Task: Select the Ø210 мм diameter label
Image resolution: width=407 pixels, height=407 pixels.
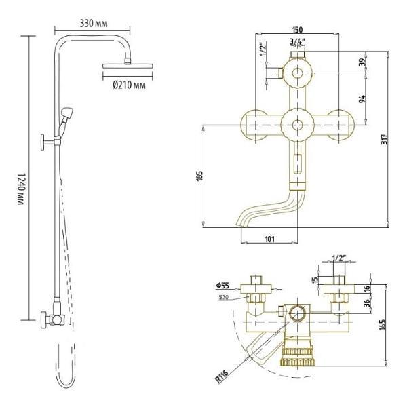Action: pos(127,85)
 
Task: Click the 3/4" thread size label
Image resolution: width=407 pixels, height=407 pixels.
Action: pos(296,41)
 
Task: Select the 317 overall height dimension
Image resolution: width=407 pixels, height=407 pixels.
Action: pos(385,140)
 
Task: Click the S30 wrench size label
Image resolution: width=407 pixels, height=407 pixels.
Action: pos(223,296)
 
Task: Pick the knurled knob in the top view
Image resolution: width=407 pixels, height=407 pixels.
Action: pos(296,353)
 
